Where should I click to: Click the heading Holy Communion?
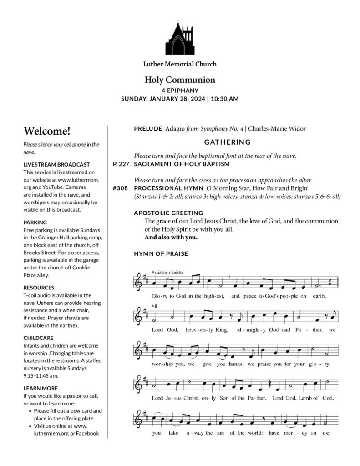click(180, 80)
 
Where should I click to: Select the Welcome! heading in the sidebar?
click(47, 132)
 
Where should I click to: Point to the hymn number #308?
click(120, 188)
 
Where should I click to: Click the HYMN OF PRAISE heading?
click(161, 253)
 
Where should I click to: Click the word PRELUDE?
click(148, 129)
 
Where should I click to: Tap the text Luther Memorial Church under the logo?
click(180, 64)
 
